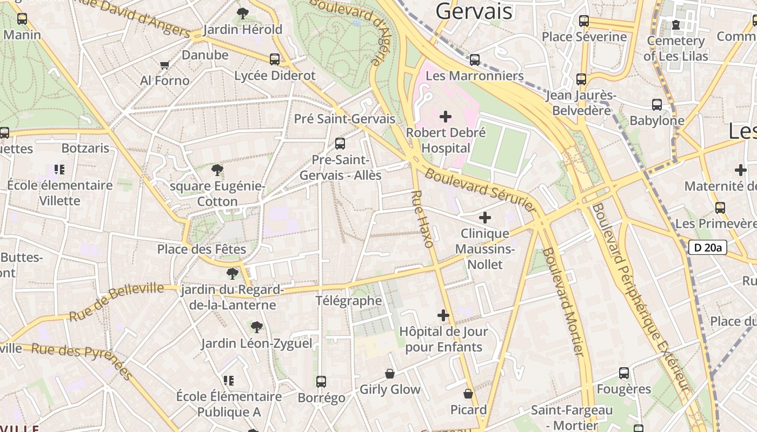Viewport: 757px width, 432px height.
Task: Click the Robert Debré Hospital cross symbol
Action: click(x=446, y=117)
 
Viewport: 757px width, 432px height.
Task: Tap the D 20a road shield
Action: click(x=707, y=248)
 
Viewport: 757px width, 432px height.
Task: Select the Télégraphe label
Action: click(x=348, y=301)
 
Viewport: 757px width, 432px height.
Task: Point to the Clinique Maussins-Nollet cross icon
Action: click(x=485, y=218)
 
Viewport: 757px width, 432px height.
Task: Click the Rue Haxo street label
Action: click(x=422, y=219)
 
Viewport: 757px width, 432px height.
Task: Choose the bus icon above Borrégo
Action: click(x=321, y=382)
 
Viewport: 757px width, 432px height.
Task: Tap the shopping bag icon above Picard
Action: click(x=468, y=394)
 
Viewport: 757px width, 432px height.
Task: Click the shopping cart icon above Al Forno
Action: click(x=165, y=65)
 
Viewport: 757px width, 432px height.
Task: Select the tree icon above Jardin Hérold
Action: click(x=243, y=13)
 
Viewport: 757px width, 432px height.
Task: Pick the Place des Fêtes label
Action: click(x=201, y=249)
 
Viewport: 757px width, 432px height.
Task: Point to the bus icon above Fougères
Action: click(x=623, y=373)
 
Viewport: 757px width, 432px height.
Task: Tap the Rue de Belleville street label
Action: click(x=116, y=301)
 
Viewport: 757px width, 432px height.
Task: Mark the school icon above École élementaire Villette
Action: click(x=59, y=170)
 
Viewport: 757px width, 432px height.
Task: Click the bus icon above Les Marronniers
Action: click(x=475, y=60)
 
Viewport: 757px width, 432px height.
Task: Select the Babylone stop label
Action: click(x=656, y=120)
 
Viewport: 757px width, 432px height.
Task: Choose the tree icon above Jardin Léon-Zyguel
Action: click(x=256, y=327)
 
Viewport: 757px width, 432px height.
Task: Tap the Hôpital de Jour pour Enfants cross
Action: click(x=443, y=315)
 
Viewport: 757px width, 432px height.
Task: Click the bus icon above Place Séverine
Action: click(x=584, y=21)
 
